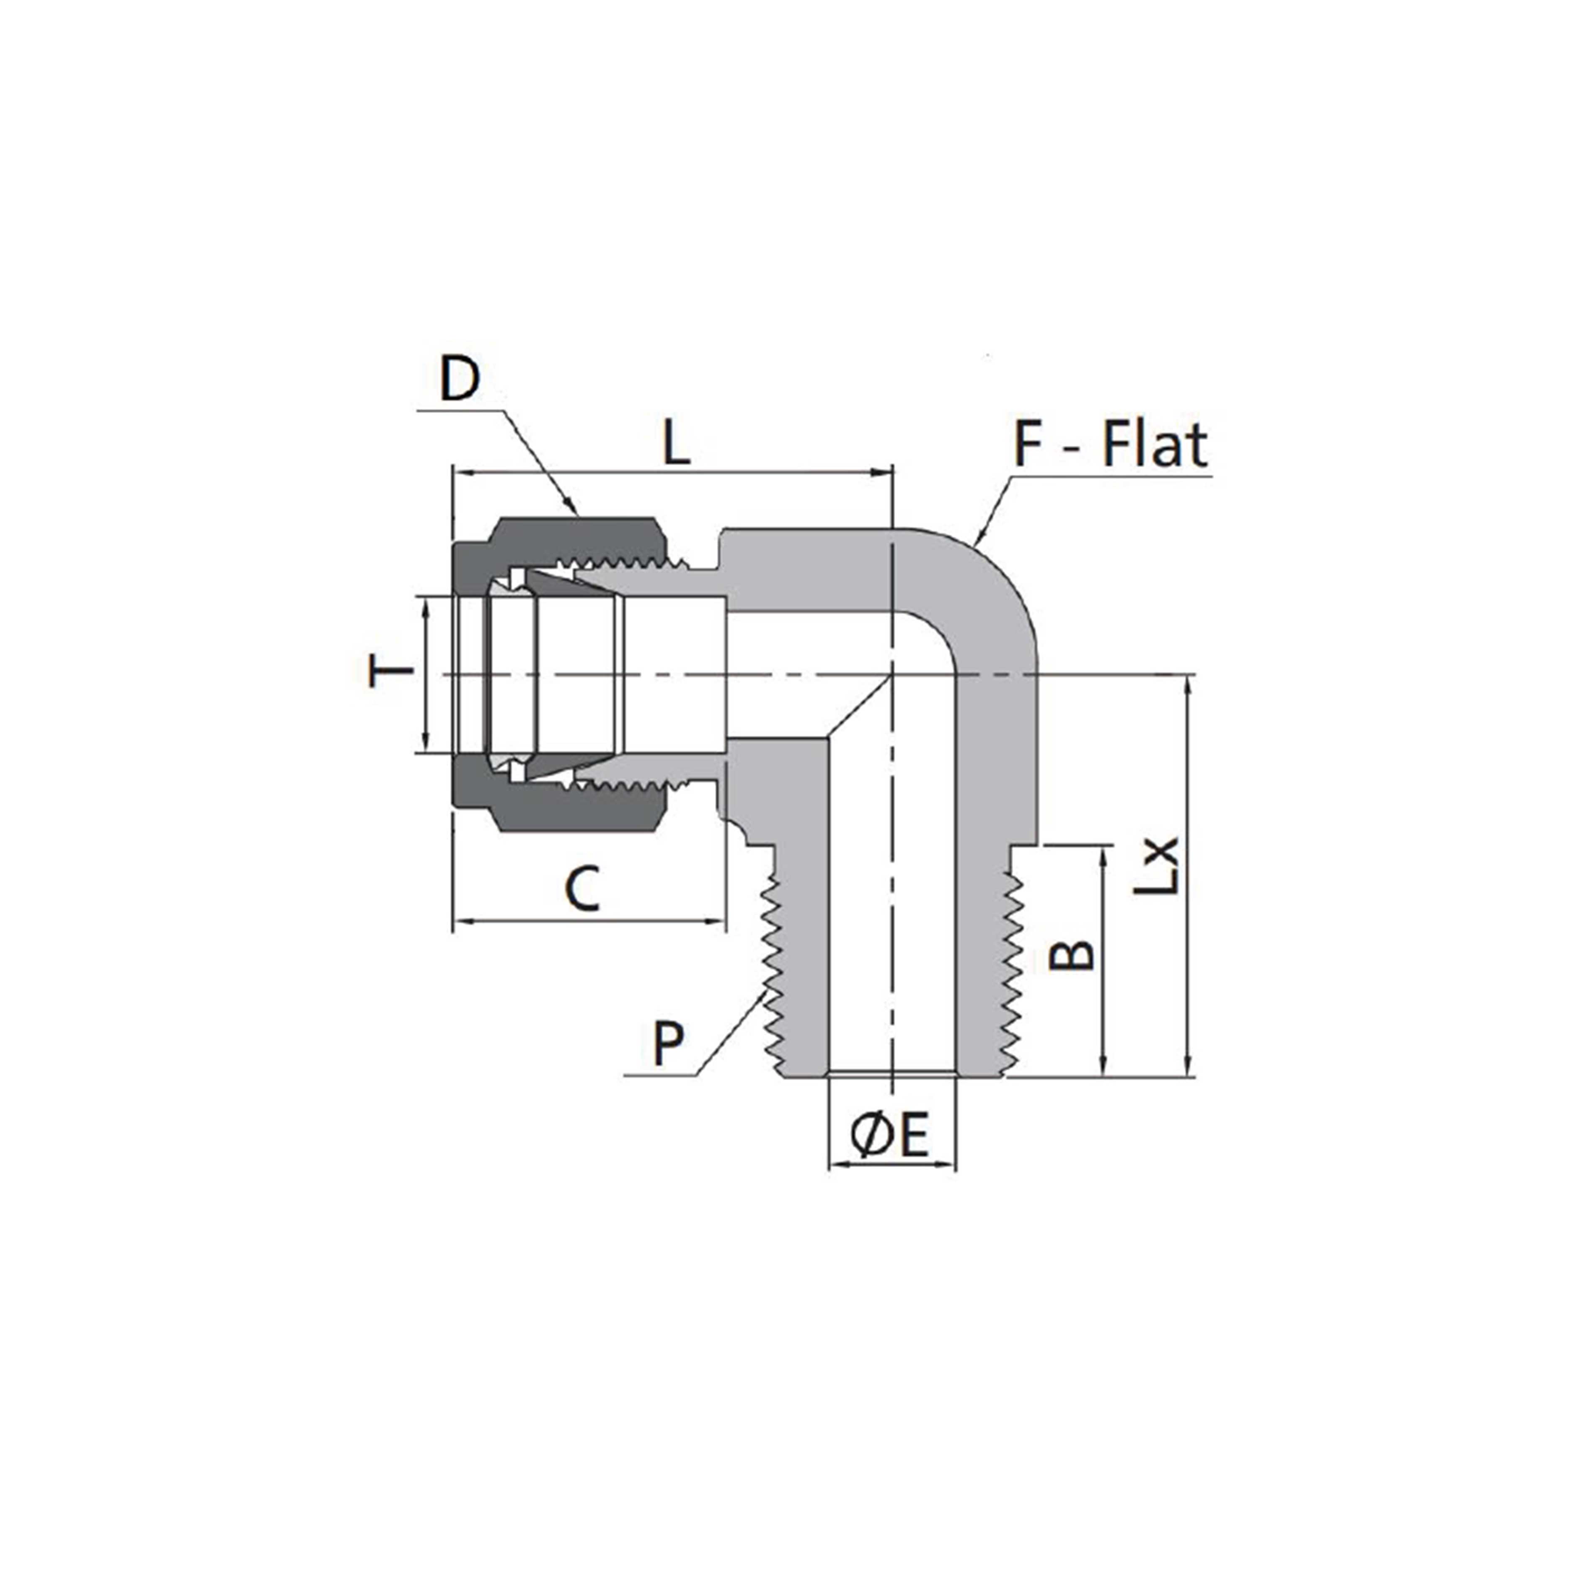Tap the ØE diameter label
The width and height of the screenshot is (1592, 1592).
coord(890,1135)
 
